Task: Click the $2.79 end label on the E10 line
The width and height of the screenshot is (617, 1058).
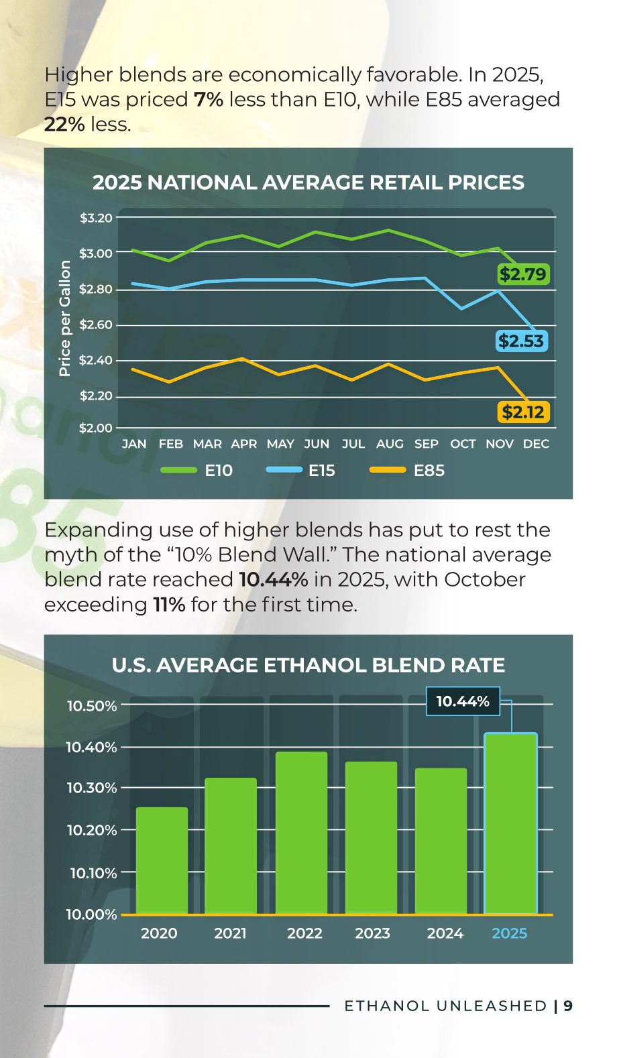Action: (x=523, y=274)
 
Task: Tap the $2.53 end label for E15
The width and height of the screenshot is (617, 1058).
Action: (x=522, y=341)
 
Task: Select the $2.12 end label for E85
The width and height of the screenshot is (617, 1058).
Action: (x=523, y=412)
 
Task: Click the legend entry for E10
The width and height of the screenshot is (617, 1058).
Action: (x=196, y=471)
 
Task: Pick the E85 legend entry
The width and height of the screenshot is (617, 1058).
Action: (x=407, y=471)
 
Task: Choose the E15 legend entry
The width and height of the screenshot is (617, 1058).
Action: (x=300, y=471)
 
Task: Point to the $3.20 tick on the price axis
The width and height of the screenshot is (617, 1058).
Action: (x=97, y=218)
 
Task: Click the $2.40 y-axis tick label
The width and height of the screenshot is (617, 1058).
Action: (x=97, y=361)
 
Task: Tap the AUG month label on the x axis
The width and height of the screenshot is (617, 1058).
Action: (x=390, y=444)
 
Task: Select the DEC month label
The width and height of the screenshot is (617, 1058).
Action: (x=536, y=444)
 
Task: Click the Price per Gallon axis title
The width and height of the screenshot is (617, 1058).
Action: (x=64, y=318)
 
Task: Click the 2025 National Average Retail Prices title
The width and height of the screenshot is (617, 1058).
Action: (x=308, y=182)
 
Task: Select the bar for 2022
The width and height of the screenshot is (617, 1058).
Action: (x=301, y=833)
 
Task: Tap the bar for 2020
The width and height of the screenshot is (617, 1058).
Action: (x=162, y=861)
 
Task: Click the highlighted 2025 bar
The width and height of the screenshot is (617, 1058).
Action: (x=511, y=824)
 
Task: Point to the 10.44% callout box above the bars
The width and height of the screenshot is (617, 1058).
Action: (x=463, y=701)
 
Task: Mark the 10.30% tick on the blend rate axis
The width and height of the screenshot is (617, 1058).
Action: (x=92, y=788)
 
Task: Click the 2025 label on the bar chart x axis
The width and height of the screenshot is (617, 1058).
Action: (x=509, y=933)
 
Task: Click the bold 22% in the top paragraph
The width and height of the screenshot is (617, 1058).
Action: (x=65, y=125)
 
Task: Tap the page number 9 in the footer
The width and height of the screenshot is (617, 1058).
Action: (x=568, y=1006)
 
